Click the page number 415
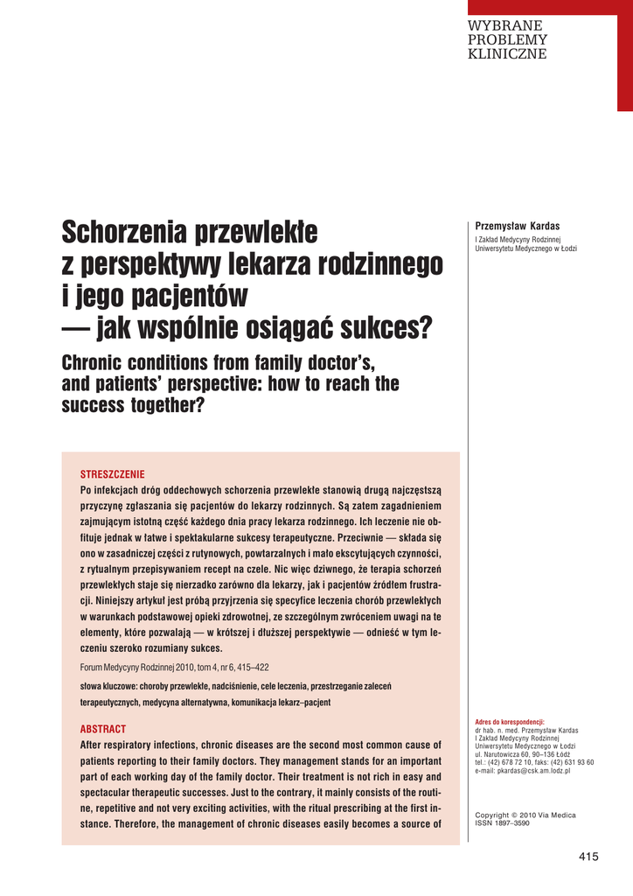click(x=588, y=857)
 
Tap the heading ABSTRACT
click(x=103, y=729)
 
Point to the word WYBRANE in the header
click(x=505, y=26)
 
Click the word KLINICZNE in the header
click(x=508, y=54)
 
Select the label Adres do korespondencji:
click(x=509, y=722)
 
